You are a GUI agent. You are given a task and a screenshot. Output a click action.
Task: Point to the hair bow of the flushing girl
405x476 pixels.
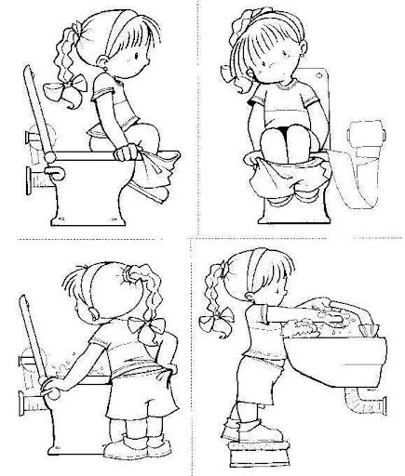(x=142, y=324)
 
